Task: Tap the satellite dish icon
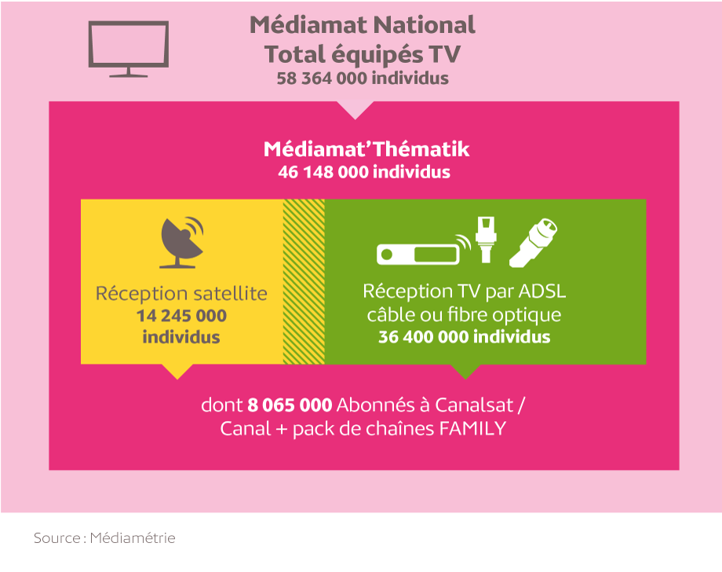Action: [180, 243]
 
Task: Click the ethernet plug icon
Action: [486, 239]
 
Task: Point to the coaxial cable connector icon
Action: [533, 243]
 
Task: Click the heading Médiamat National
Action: [363, 25]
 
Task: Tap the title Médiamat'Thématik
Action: [366, 148]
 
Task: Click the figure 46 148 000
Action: [323, 172]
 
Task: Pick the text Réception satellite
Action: [181, 294]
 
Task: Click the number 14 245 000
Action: [181, 316]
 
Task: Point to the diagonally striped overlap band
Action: [304, 281]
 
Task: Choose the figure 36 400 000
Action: [424, 337]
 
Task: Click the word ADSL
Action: [542, 291]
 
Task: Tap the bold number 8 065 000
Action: [290, 405]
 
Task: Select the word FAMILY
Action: [472, 429]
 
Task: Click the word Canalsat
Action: [474, 405]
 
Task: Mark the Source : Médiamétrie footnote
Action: [104, 538]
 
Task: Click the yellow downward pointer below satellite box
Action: [177, 371]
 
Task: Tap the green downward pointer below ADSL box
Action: [465, 371]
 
